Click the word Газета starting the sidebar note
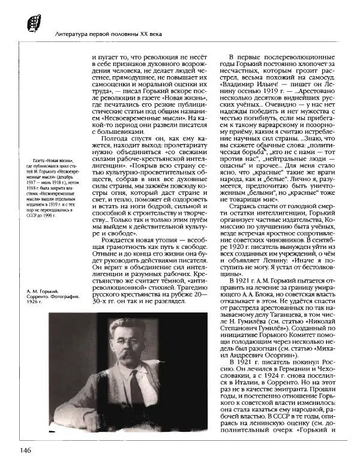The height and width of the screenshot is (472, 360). (x=42, y=161)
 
